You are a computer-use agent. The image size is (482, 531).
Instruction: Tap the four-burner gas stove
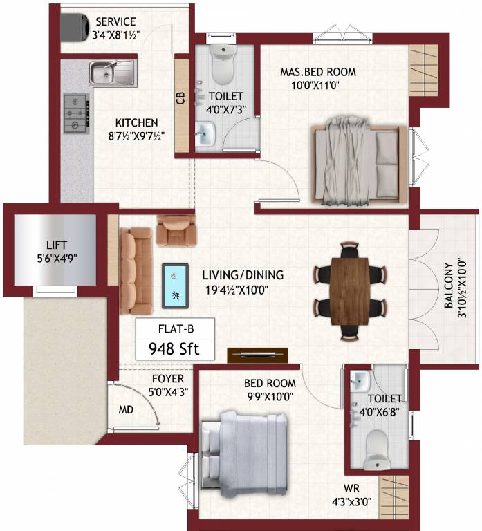click(x=75, y=113)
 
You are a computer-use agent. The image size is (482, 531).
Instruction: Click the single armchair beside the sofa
click(x=176, y=231)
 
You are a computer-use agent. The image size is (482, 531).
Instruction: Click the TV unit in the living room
click(x=257, y=354)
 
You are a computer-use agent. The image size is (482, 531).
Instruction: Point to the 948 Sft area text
click(x=174, y=349)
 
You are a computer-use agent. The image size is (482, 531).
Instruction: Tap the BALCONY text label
click(x=449, y=285)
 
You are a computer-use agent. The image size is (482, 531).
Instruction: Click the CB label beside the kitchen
click(x=181, y=98)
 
